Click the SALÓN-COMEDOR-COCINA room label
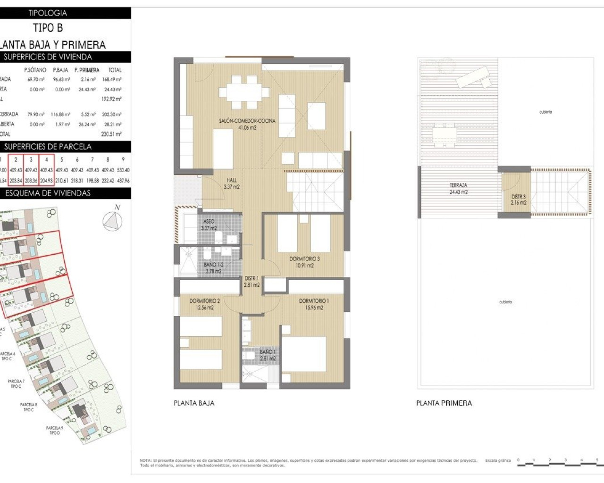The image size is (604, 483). point(247,121)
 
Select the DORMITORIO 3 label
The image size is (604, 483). point(304,258)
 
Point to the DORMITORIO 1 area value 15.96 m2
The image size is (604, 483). point(314,308)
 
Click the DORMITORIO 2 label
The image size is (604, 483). point(204,301)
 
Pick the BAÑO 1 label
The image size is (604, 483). point(267,352)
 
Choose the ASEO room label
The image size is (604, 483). point(209,221)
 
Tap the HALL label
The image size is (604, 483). point(231,180)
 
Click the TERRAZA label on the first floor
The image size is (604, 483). point(458,185)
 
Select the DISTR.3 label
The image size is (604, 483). point(518,197)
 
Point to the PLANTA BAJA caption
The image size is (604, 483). point(194,403)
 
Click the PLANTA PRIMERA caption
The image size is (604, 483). point(444,403)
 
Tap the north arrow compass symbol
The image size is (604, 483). point(113,221)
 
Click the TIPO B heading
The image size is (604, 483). point(48,28)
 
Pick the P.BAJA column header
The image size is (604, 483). point(60,70)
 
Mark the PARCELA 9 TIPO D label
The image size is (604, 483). point(54,430)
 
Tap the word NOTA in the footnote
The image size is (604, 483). point(145,460)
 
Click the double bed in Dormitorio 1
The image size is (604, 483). point(304,354)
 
